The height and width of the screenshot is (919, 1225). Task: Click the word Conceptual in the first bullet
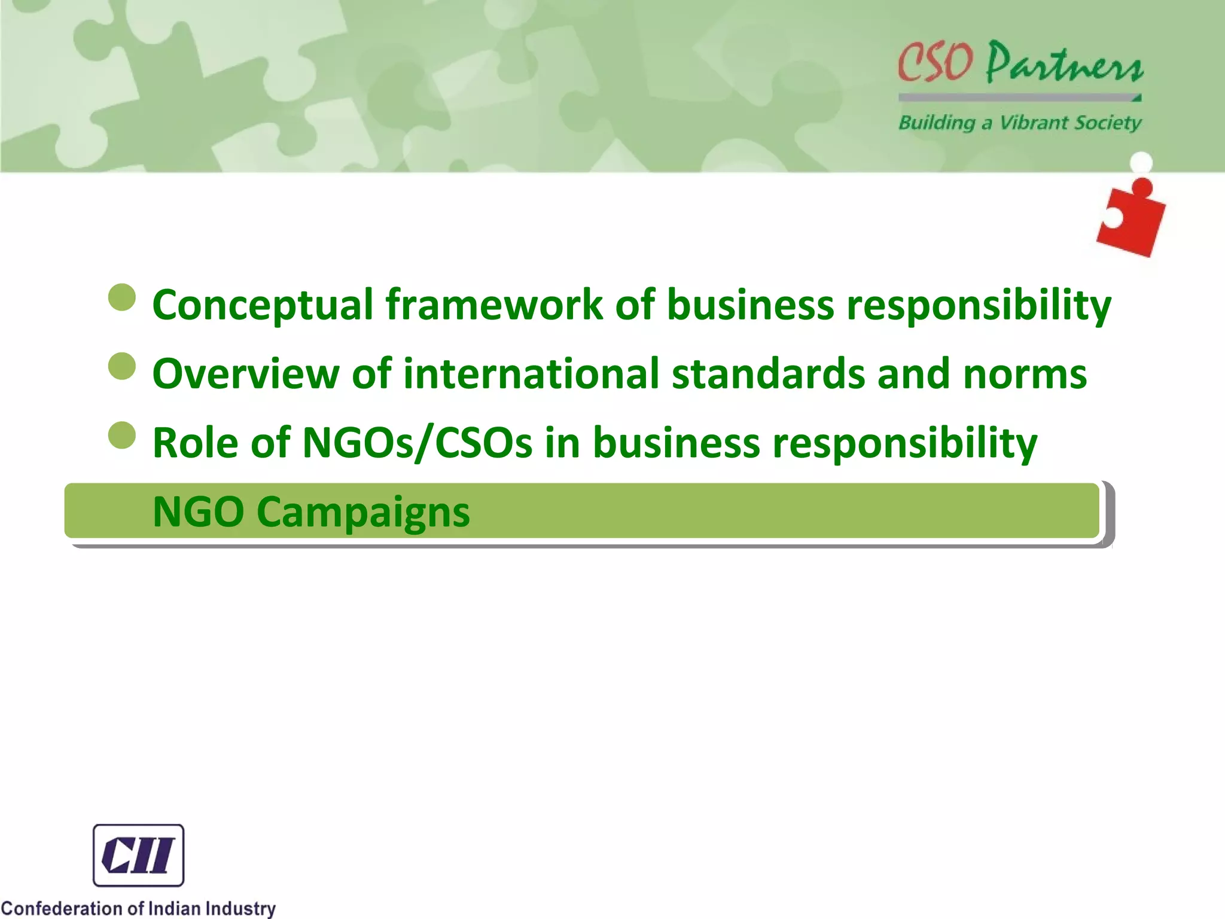[263, 306]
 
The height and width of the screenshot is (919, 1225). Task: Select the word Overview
[246, 374]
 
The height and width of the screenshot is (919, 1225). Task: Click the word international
[531, 374]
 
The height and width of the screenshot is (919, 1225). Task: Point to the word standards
[768, 374]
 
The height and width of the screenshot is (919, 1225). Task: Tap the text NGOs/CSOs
[417, 443]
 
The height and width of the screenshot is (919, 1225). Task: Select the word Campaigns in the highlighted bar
[364, 513]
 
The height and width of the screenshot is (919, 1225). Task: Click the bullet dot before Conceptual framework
[123, 297]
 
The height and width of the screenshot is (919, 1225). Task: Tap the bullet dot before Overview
[123, 366]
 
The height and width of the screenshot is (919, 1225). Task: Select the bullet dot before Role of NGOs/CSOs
[123, 435]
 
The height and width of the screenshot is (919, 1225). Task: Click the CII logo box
[138, 855]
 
